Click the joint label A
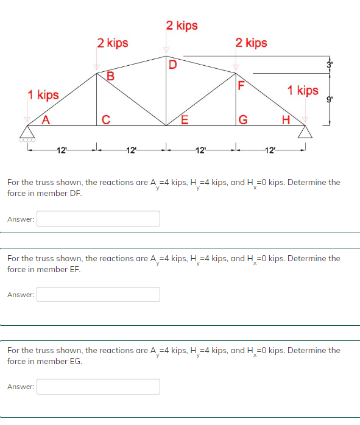44,119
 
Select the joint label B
110,76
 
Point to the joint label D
172,64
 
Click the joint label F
242,85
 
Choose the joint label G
242,119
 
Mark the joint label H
285,119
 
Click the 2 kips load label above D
182,26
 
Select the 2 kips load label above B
113,43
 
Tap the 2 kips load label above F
251,43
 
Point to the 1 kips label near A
43,95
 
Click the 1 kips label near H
303,91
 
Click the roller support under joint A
28,134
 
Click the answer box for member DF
98,219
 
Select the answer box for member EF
98,295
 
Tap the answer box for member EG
98,387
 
